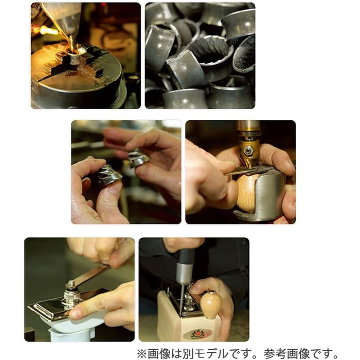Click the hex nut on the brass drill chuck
point(248,150)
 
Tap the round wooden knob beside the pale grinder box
point(211,304)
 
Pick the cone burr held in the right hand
point(138,157)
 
